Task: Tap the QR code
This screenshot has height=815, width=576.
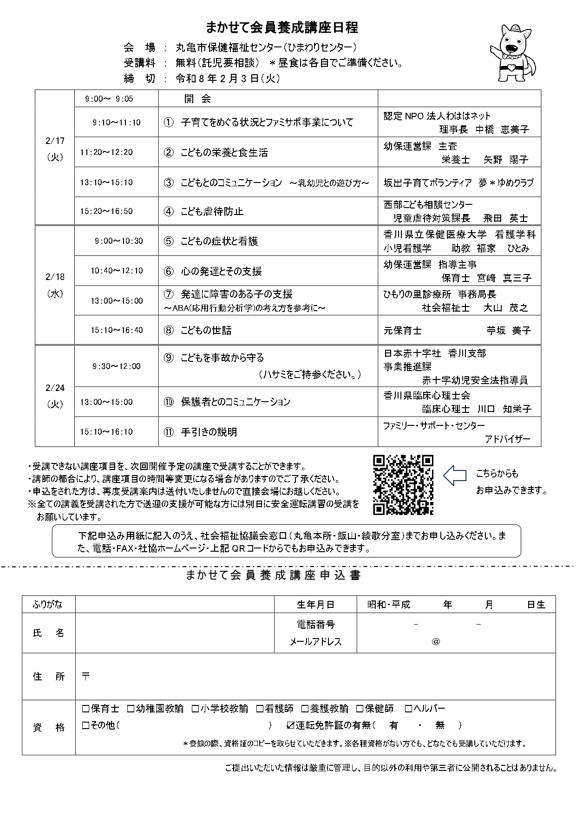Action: [x=403, y=485]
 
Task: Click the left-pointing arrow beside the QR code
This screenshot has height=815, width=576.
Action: [x=454, y=475]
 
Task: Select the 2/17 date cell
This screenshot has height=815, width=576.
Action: [x=55, y=149]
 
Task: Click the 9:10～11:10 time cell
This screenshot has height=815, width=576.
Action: [x=117, y=123]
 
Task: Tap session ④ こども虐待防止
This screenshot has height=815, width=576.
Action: [x=212, y=211]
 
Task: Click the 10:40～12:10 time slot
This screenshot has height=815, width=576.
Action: [x=117, y=271]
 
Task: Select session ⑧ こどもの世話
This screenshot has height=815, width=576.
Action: [x=206, y=330]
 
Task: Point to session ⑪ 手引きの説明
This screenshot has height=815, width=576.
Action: [x=209, y=432]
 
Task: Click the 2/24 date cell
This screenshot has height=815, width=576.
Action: [x=55, y=396]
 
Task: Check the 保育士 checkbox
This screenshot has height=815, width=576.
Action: [x=85, y=709]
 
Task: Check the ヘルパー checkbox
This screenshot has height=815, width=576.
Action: [x=408, y=709]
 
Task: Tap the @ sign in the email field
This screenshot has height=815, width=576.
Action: [x=435, y=641]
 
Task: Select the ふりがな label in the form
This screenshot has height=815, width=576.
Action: [x=48, y=604]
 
